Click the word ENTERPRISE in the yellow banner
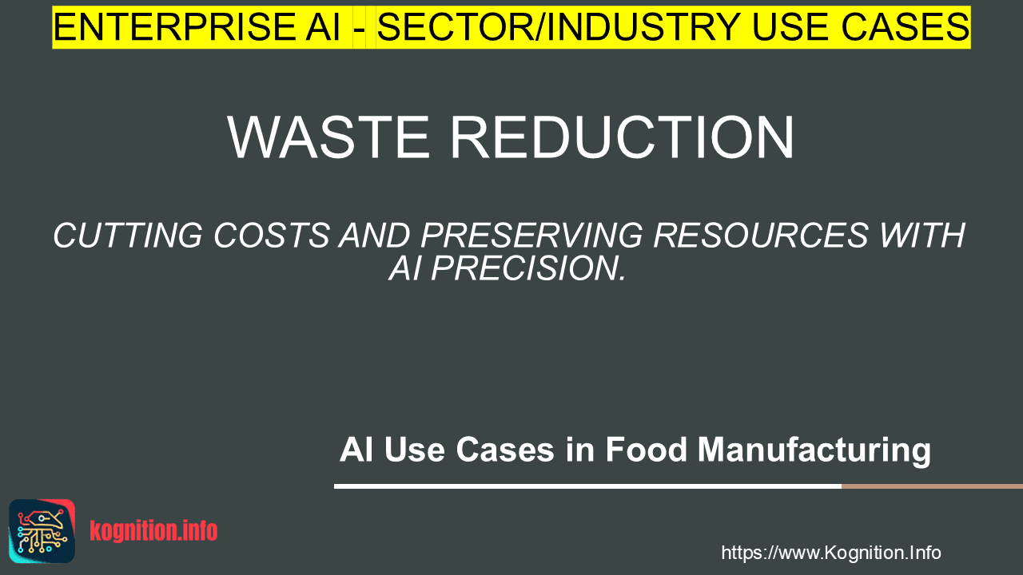click(x=174, y=27)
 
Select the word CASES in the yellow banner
click(x=906, y=27)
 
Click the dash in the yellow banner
click(x=360, y=30)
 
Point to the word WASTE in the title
click(x=328, y=137)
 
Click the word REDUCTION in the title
click(x=623, y=137)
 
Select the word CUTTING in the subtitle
click(x=128, y=236)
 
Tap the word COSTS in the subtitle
click(x=272, y=236)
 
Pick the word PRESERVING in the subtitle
click(x=531, y=236)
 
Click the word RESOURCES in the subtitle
click(x=761, y=236)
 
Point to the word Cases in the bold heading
click(x=504, y=450)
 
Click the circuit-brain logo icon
click(x=42, y=531)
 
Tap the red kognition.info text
click(x=153, y=531)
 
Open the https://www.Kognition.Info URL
click(x=831, y=553)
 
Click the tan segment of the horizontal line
click(x=932, y=486)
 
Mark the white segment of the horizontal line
click(x=587, y=486)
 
